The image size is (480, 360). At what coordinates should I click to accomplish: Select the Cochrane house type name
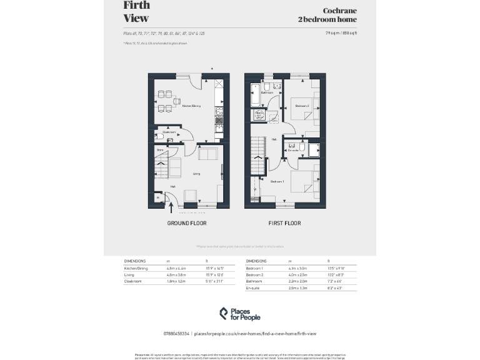click(x=339, y=11)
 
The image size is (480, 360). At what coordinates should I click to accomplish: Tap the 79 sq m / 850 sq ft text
click(x=341, y=32)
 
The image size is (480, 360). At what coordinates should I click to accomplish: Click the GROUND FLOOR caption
click(x=186, y=223)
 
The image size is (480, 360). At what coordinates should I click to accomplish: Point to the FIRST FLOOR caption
click(x=284, y=223)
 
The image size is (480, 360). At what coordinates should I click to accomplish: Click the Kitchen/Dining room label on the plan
click(x=191, y=106)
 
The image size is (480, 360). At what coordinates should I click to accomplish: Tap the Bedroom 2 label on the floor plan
click(x=302, y=106)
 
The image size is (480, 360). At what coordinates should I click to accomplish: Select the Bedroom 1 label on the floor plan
click(x=277, y=181)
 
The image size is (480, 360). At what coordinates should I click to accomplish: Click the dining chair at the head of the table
click(x=177, y=101)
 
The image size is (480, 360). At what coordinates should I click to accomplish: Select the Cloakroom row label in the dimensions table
click(x=133, y=282)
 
